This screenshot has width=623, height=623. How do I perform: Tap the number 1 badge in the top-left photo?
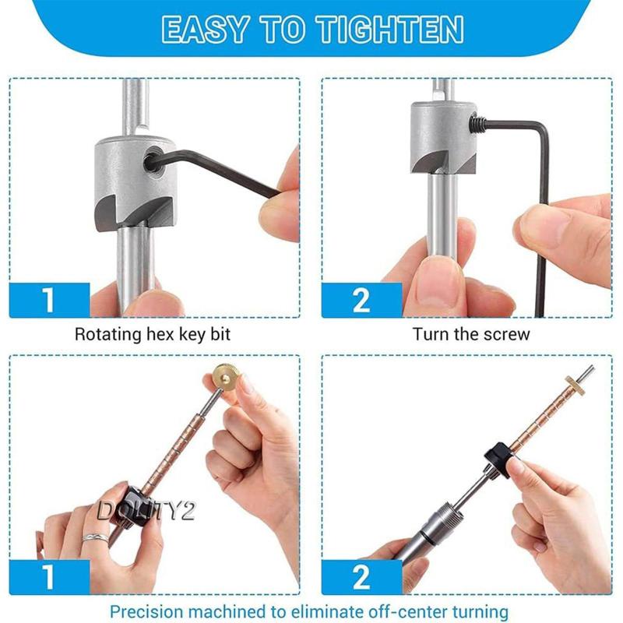(x=49, y=301)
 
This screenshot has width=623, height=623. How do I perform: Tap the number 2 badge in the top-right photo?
(x=361, y=301)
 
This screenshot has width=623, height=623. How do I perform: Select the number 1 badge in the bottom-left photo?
(x=49, y=577)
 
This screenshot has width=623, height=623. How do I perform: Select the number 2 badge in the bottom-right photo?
(x=361, y=577)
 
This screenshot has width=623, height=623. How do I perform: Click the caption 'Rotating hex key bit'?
(x=153, y=335)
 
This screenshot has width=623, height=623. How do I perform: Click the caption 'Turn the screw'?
(x=471, y=335)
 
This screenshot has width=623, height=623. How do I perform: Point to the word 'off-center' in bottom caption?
(x=397, y=611)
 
